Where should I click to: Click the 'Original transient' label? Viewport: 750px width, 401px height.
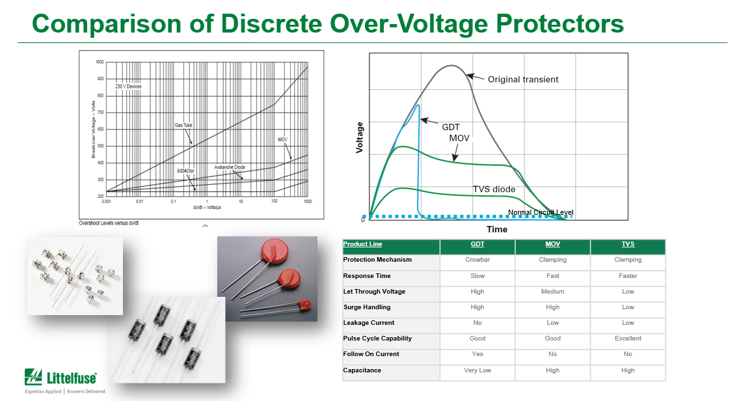click(523, 79)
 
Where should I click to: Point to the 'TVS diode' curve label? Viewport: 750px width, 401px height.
click(494, 189)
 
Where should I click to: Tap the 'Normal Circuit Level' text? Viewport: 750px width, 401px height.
click(541, 212)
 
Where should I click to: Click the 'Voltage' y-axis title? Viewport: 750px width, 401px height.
click(360, 137)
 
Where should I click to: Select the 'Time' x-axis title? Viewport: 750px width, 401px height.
click(497, 229)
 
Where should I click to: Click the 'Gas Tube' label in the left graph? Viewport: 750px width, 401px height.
click(183, 125)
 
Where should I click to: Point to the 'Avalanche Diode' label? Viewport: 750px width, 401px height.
click(229, 167)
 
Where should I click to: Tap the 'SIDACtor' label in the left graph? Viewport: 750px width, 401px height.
click(185, 171)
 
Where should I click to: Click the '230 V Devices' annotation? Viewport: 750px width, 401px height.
click(128, 87)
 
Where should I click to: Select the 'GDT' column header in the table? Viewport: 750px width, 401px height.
click(477, 244)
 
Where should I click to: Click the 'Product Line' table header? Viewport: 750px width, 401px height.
click(362, 244)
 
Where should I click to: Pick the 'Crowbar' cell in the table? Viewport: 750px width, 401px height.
click(477, 260)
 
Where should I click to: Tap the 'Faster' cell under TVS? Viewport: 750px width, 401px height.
click(628, 276)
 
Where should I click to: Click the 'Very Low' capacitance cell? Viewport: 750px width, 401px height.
click(477, 370)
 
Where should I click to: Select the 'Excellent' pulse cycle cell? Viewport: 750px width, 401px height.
click(628, 339)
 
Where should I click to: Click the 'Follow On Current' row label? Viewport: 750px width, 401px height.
click(371, 354)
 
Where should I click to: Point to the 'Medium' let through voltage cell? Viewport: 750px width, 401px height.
click(552, 292)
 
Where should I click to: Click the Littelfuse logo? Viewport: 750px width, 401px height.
click(61, 378)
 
